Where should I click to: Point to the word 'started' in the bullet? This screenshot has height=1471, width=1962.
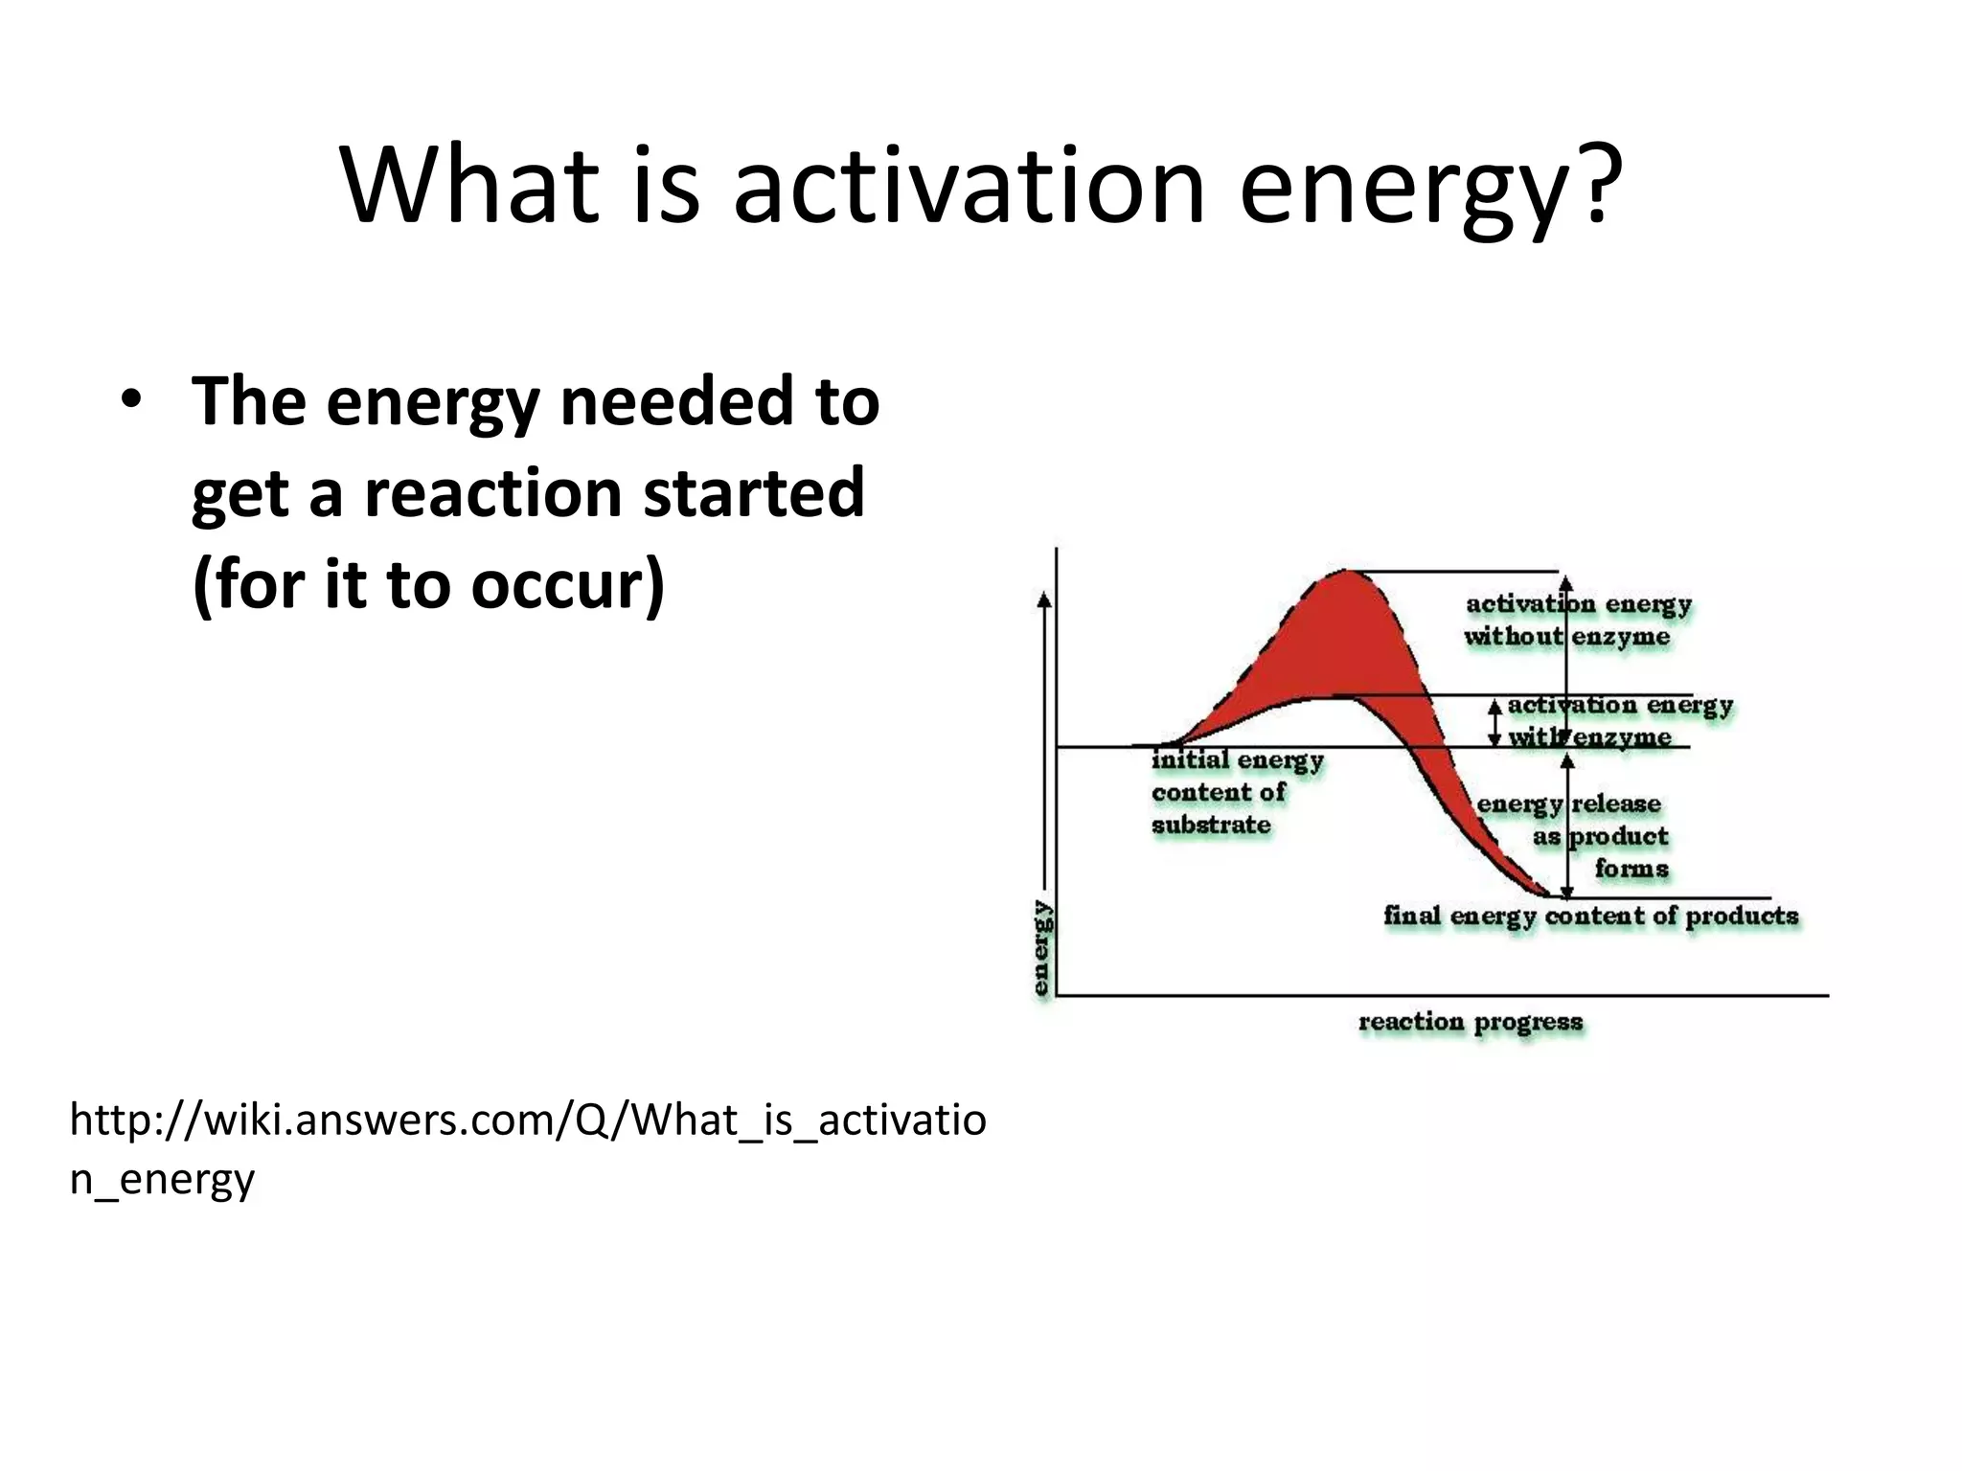(x=753, y=492)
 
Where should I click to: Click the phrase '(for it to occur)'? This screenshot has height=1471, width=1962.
(x=428, y=584)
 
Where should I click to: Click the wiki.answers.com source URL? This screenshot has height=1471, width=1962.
(x=527, y=1147)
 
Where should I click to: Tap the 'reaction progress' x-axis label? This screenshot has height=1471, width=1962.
(x=1471, y=1022)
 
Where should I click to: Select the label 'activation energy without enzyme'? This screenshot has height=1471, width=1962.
(x=1577, y=620)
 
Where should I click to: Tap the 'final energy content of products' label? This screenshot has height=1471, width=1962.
(x=1590, y=916)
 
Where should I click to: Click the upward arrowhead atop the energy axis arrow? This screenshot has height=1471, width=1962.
(x=1045, y=600)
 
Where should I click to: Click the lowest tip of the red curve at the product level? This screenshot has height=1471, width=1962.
(x=1547, y=894)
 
